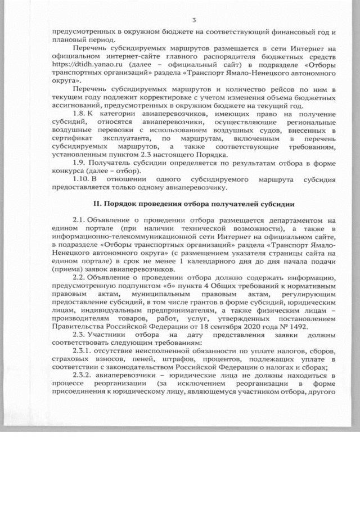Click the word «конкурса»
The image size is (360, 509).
pyautogui.click(x=66, y=171)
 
